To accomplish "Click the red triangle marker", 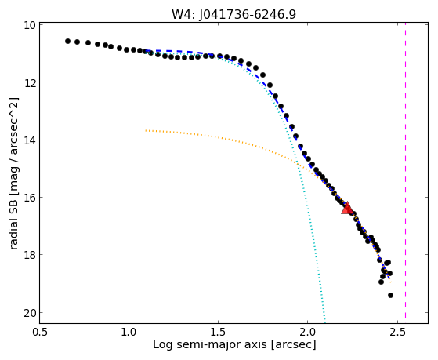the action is pyautogui.click(x=347, y=209).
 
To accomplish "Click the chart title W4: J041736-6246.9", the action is pyautogui.click(x=233, y=15).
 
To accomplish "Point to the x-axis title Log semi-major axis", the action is pyautogui.click(x=209, y=344).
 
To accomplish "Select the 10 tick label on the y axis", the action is pyautogui.click(x=31, y=25).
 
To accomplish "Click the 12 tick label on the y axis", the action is pyautogui.click(x=31, y=82).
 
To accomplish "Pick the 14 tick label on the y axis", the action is pyautogui.click(x=31, y=140).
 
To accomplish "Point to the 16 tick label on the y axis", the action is pyautogui.click(x=31, y=197).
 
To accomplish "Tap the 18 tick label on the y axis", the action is pyautogui.click(x=31, y=255).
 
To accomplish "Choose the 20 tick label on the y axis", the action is pyautogui.click(x=31, y=313).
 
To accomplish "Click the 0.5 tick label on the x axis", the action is pyautogui.click(x=40, y=332).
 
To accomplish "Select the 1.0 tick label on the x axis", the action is pyautogui.click(x=129, y=332).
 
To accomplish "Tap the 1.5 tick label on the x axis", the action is pyautogui.click(x=218, y=332).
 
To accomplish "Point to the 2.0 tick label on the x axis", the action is pyautogui.click(x=308, y=332).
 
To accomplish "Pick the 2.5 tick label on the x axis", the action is pyautogui.click(x=397, y=332).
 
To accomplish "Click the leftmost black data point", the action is pyautogui.click(x=67, y=41).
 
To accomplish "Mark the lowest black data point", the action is pyautogui.click(x=390, y=295).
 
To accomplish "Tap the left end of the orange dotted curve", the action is pyautogui.click(x=146, y=130).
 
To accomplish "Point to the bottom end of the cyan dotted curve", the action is pyautogui.click(x=324, y=322).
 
